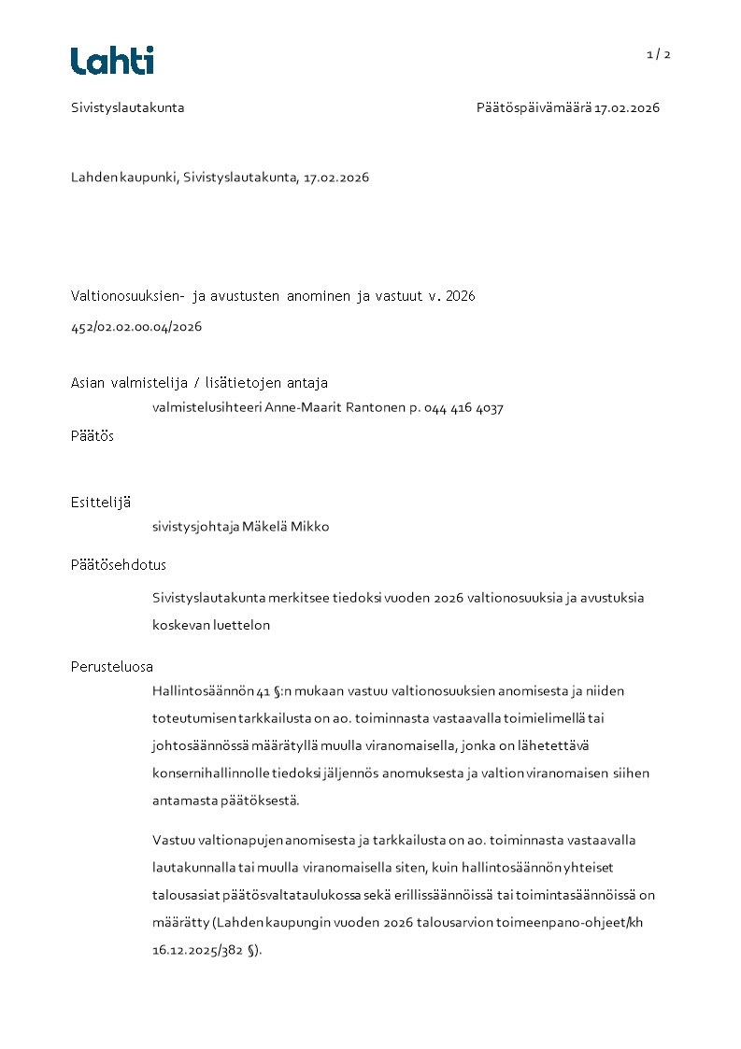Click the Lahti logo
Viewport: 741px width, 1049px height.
[x=112, y=61]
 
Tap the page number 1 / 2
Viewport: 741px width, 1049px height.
[x=659, y=54]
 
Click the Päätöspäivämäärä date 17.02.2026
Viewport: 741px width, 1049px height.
[x=627, y=107]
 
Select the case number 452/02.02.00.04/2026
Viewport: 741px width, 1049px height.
[x=136, y=327]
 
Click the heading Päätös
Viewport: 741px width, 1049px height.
[x=93, y=436]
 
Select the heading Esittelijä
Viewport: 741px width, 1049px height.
[x=101, y=502]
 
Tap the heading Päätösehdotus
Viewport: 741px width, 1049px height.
[x=119, y=565]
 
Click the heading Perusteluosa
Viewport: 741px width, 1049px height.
[x=112, y=667]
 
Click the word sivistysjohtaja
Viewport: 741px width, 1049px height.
[x=195, y=527]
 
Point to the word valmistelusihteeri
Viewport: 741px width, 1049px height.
[x=207, y=408]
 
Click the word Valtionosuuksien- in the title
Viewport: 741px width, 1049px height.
[x=128, y=296]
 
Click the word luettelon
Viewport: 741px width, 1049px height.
[x=246, y=625]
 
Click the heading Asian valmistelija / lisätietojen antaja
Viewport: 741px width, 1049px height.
[x=199, y=383]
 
